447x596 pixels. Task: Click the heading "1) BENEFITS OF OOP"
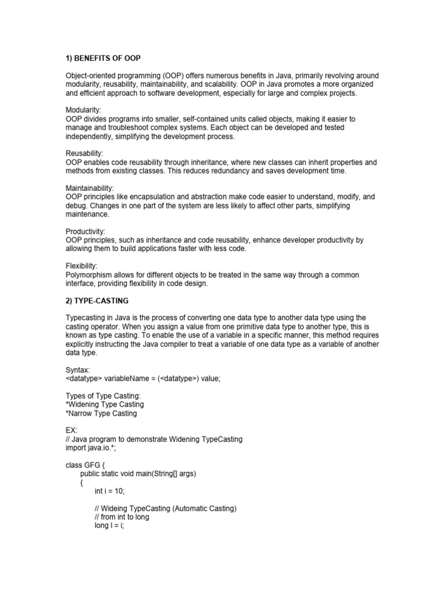pos(103,59)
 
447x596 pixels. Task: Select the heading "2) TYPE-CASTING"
pos(97,301)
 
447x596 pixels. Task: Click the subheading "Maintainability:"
pos(90,188)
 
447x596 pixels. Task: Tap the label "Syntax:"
pos(79,370)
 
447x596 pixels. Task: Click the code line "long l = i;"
pos(109,526)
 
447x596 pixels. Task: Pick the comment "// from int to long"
pos(122,517)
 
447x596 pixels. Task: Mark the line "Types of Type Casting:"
pos(103,396)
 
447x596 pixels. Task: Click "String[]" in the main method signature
pos(170,474)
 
